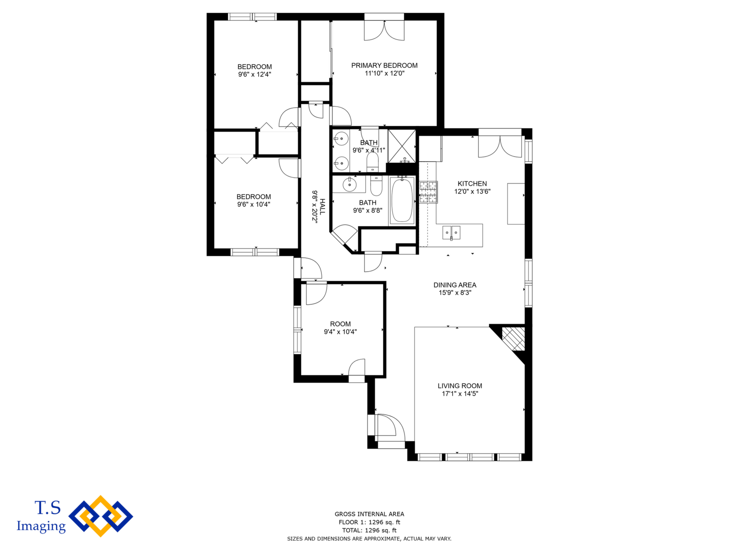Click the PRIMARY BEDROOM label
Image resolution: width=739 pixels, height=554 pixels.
point(384,65)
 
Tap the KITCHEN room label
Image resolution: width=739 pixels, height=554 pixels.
point(472,184)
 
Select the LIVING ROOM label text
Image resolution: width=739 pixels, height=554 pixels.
point(460,386)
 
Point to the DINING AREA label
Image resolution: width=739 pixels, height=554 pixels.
point(455,285)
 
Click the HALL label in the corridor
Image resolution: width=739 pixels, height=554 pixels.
point(322,207)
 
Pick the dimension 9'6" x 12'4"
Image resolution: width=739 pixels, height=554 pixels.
point(254,75)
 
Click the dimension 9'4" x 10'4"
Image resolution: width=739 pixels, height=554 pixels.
point(340,332)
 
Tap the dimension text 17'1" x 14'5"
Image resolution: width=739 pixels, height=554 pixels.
point(460,394)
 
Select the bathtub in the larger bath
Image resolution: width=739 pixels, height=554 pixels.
point(402,200)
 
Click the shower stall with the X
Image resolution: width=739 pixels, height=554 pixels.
point(402,146)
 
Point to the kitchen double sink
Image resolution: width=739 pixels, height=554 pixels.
point(451,232)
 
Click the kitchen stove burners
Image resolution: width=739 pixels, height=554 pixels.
point(428,192)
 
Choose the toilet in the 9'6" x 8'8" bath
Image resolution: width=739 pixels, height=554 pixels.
point(376,185)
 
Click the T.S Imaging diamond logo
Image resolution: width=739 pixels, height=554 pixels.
point(101,516)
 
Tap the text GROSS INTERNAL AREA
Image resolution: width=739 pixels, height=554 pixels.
point(369,514)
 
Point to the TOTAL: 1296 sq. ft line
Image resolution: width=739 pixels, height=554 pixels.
point(369,530)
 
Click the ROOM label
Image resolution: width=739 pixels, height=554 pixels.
point(340,324)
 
